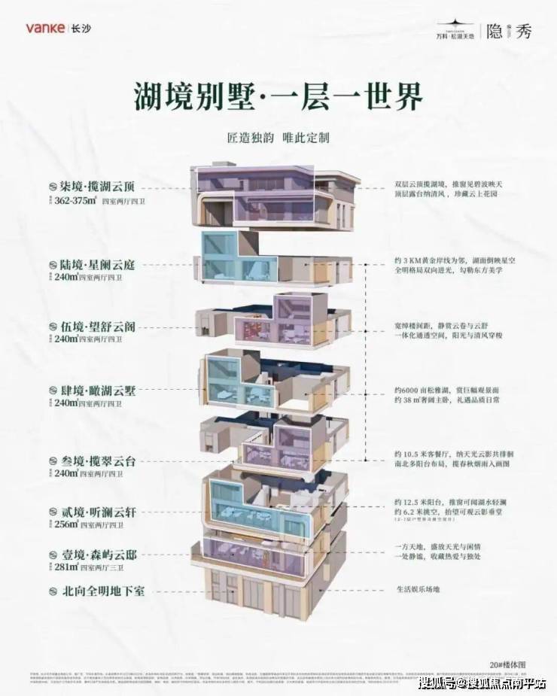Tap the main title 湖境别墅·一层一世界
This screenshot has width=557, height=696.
pyautogui.click(x=278, y=96)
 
